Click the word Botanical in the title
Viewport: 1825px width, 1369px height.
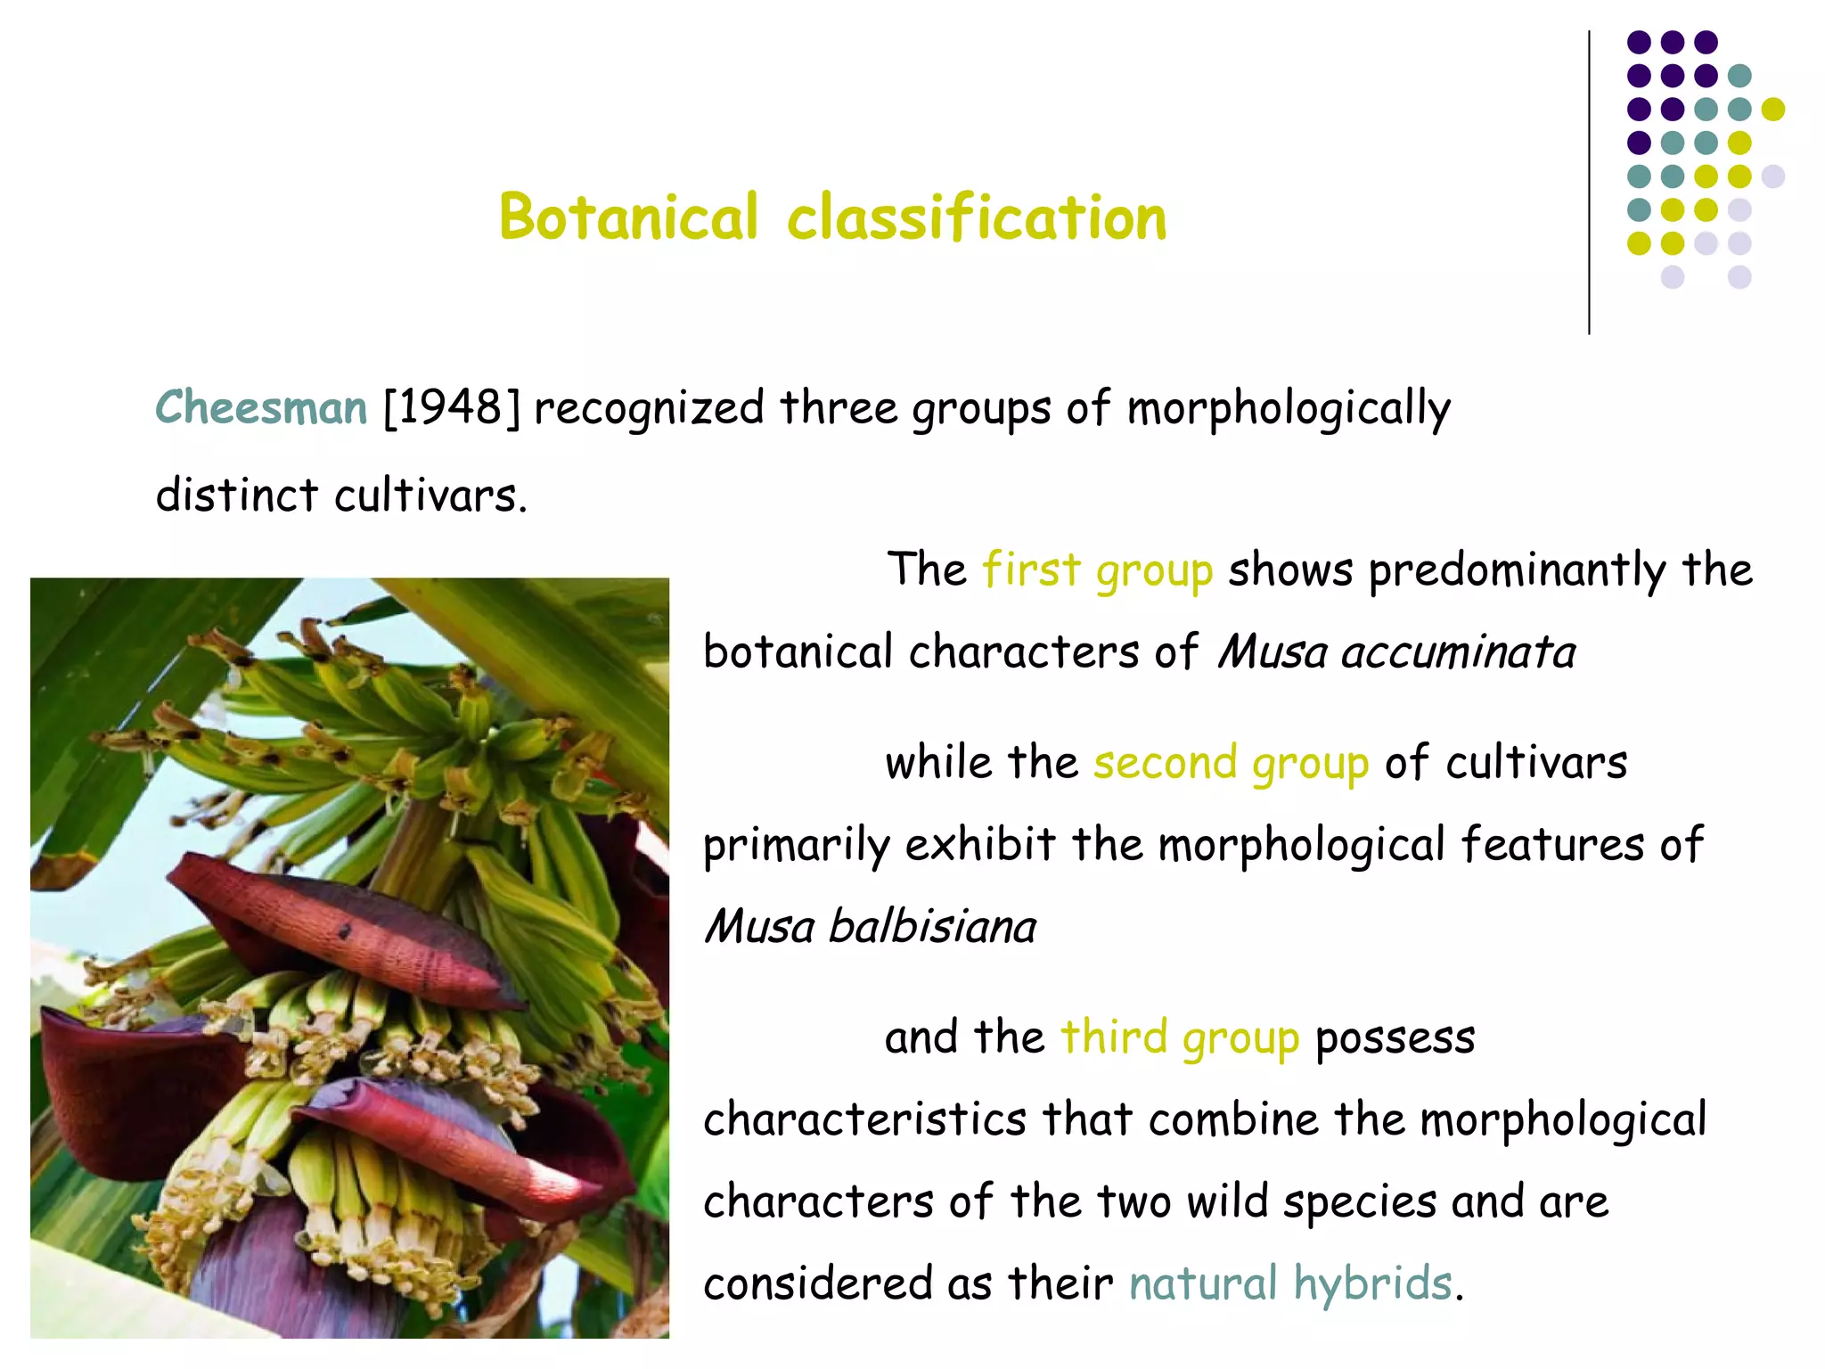pyautogui.click(x=628, y=217)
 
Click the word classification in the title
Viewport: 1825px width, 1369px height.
pyautogui.click(x=977, y=217)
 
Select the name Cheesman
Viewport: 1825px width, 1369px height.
pyautogui.click(x=261, y=408)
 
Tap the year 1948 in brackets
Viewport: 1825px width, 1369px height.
pyautogui.click(x=452, y=408)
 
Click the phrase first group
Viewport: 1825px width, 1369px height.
pyautogui.click(x=1098, y=570)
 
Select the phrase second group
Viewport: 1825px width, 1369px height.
pyautogui.click(x=1231, y=763)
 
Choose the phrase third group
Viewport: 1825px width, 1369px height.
pyautogui.click(x=1180, y=1037)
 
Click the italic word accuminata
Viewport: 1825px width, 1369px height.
pyautogui.click(x=1459, y=652)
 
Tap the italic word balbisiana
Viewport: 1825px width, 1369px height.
pyautogui.click(x=932, y=927)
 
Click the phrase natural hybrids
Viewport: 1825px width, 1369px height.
pyautogui.click(x=1291, y=1283)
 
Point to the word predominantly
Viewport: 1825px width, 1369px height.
pyautogui.click(x=1518, y=571)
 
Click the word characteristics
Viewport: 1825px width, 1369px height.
pyautogui.click(x=864, y=1119)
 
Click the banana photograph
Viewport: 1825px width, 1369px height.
pyautogui.click(x=349, y=958)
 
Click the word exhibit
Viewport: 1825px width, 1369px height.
pyautogui.click(x=980, y=845)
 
